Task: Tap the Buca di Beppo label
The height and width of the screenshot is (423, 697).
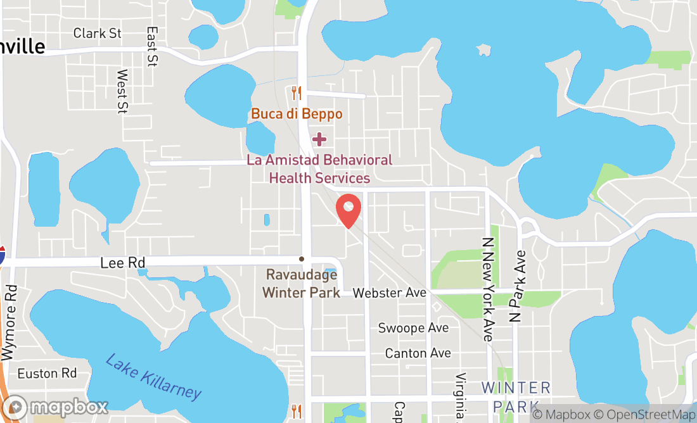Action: pos(297,114)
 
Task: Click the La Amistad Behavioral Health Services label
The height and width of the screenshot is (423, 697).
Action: pos(319,169)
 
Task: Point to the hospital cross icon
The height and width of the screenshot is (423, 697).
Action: pos(319,139)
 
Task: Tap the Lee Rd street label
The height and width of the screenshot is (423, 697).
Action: pos(124,262)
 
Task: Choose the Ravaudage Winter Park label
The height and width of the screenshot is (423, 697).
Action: pos(301,284)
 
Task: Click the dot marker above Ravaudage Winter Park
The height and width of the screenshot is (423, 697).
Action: pos(302,259)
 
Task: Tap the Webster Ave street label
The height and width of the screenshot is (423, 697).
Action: pos(390,293)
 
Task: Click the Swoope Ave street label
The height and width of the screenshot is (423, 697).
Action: pos(413,328)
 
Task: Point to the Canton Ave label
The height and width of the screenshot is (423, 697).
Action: pos(418,353)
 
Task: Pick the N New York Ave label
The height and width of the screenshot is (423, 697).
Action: pos(487,289)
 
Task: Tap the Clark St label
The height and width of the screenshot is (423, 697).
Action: pos(97,33)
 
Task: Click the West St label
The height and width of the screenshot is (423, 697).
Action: pos(122,91)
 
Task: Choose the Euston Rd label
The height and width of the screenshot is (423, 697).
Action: pos(47,374)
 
